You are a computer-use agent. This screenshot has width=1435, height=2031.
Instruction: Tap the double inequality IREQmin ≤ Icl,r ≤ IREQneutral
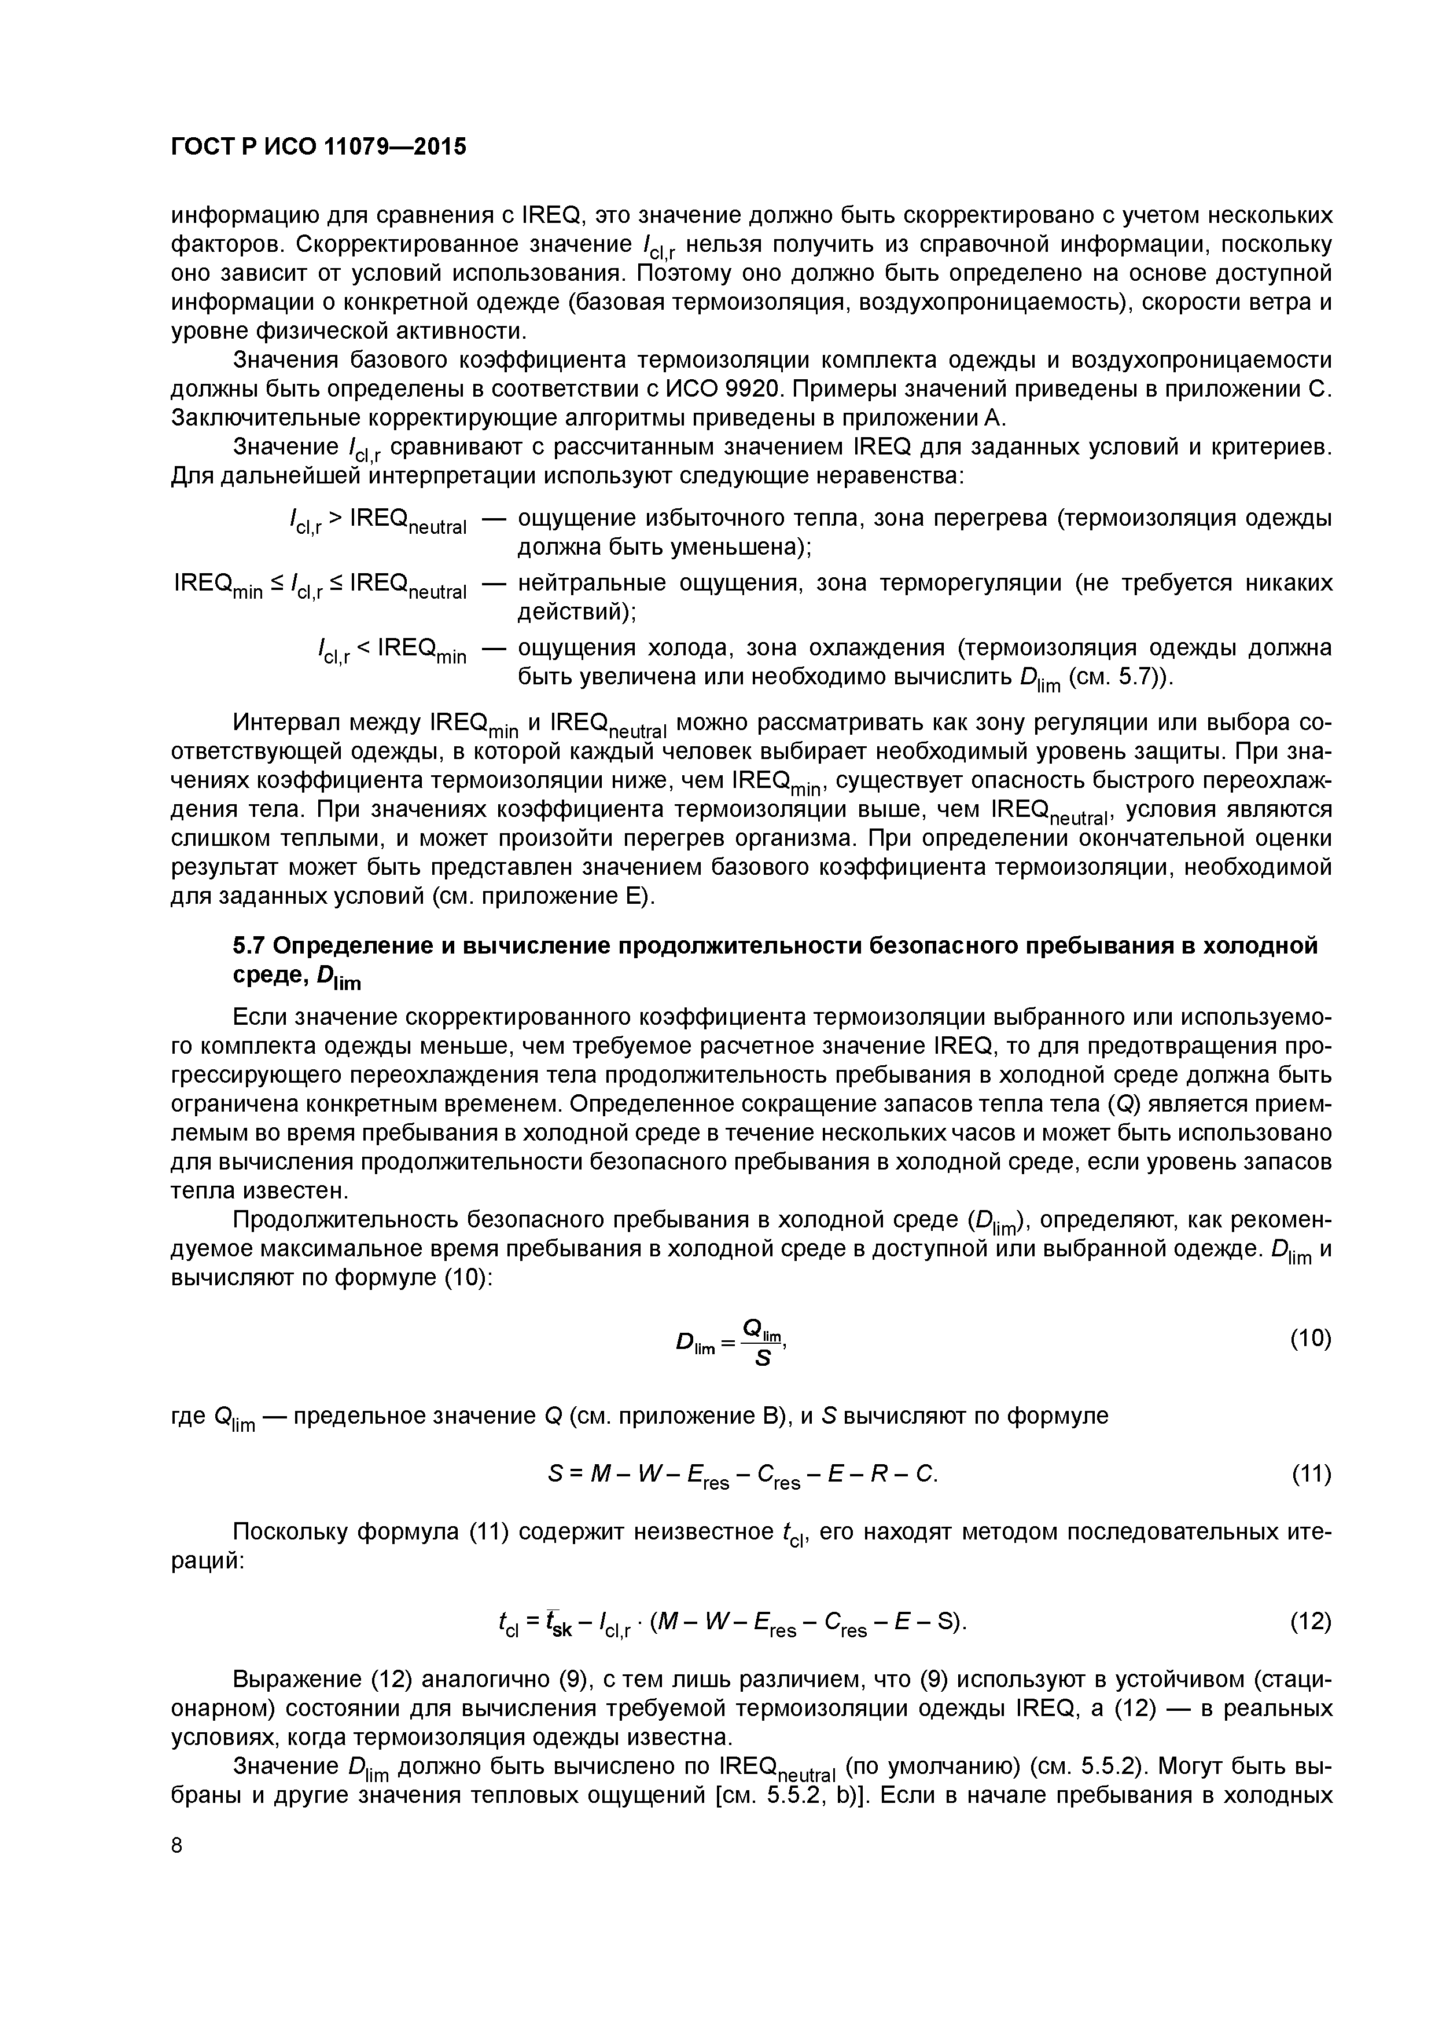[320, 585]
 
